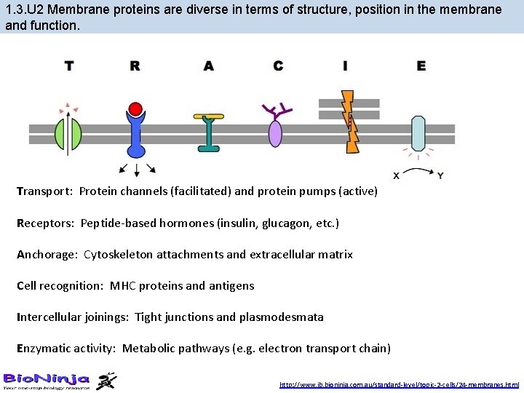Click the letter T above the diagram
pyautogui.click(x=68, y=65)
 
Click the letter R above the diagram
pyautogui.click(x=135, y=65)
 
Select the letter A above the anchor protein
pyautogui.click(x=209, y=65)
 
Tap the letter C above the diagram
pyautogui.click(x=278, y=65)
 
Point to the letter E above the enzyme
pyautogui.click(x=421, y=65)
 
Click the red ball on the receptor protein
pyautogui.click(x=135, y=110)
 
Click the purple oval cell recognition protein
pyautogui.click(x=275, y=133)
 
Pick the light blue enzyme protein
pyautogui.click(x=418, y=133)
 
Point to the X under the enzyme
pyautogui.click(x=396, y=175)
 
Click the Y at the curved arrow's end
pyautogui.click(x=440, y=175)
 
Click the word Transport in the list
pyautogui.click(x=44, y=191)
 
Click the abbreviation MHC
pyautogui.click(x=124, y=286)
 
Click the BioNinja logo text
pyautogui.click(x=47, y=378)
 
